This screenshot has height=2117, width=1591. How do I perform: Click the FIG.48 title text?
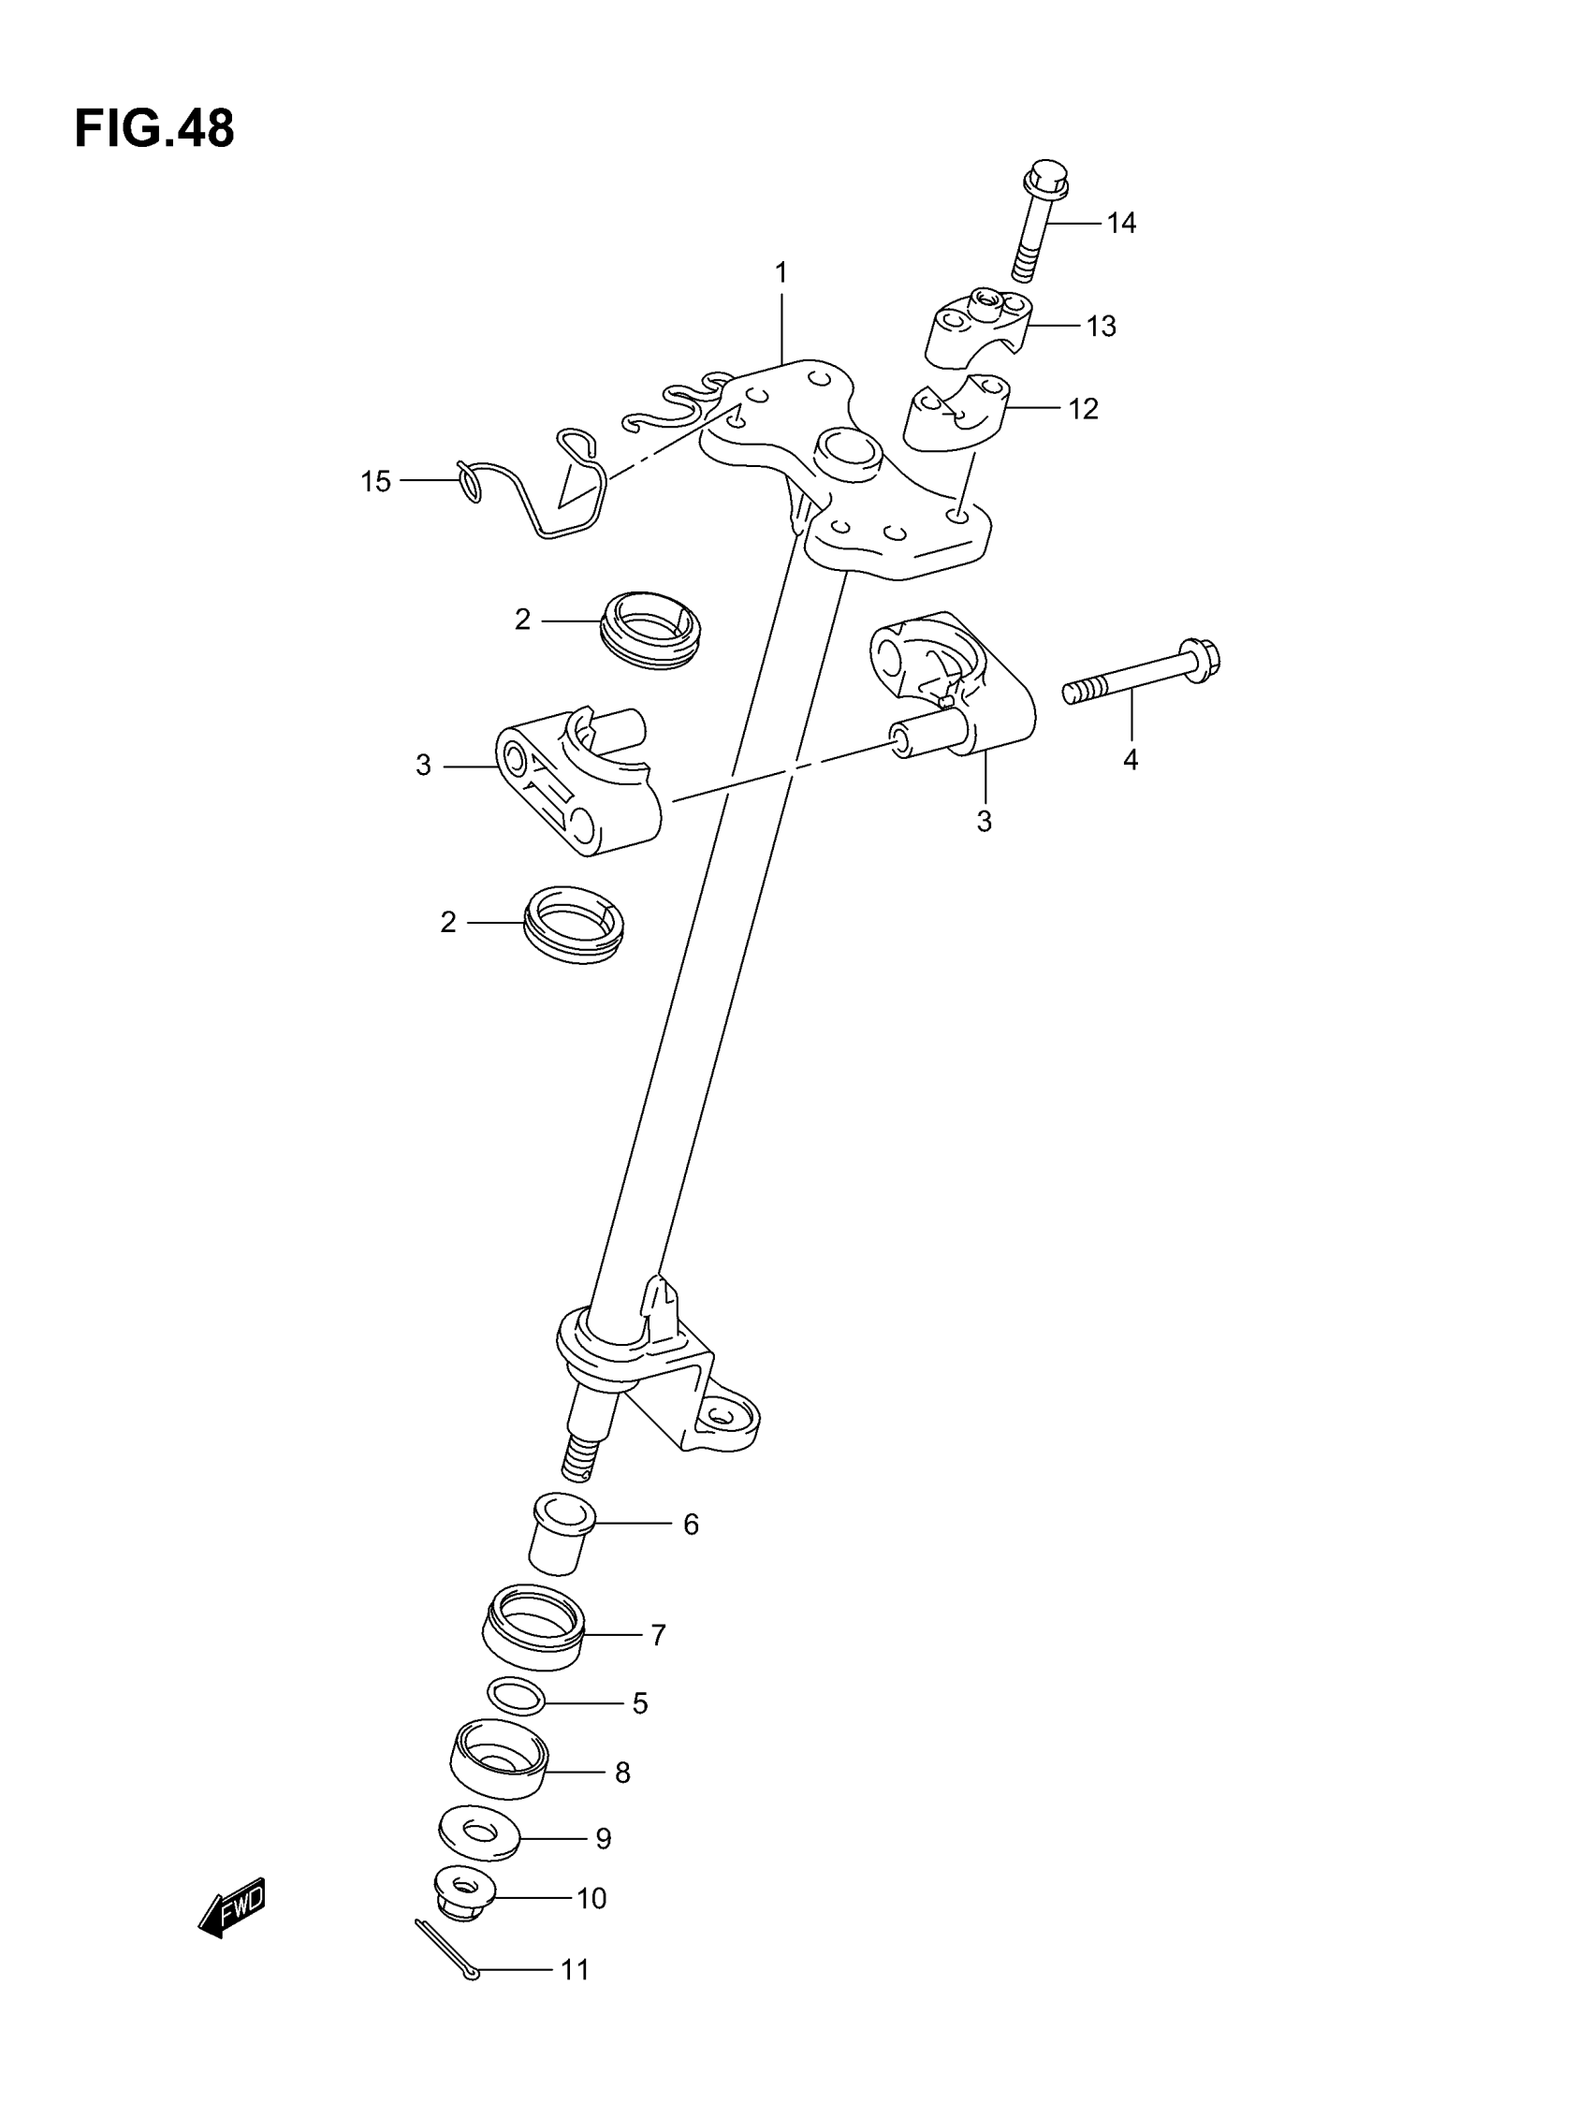154,129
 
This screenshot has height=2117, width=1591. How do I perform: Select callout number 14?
1121,223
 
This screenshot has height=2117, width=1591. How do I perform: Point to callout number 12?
1083,410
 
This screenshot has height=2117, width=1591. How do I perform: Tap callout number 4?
1131,760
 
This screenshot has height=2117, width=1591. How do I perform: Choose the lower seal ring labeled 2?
574,924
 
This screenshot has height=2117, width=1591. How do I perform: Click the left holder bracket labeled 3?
578,780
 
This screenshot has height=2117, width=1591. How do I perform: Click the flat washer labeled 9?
478,1832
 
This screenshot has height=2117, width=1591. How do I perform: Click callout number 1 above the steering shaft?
781,273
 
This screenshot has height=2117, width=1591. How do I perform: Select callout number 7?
658,1636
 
